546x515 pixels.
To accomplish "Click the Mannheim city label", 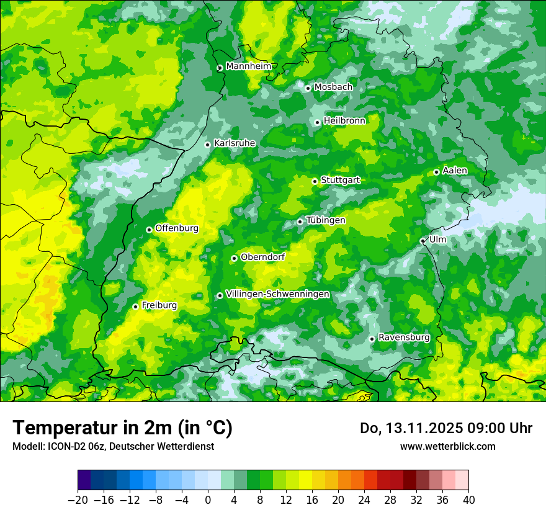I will point(248,66).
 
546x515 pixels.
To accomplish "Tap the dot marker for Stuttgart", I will point(315,181).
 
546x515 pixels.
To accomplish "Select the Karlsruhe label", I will point(235,143).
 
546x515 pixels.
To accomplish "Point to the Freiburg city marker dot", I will point(135,307).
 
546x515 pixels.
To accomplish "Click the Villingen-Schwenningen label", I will point(277,294).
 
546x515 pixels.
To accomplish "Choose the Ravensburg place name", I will point(404,338).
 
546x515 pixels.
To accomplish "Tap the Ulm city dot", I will point(423,241).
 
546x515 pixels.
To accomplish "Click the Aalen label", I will point(455,171).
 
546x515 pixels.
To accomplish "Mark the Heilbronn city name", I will point(344,121).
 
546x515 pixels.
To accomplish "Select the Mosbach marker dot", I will point(308,88).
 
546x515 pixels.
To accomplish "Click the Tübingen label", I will point(326,220).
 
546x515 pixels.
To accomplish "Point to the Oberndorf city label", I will point(262,257).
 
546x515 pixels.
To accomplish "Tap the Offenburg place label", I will point(177,228).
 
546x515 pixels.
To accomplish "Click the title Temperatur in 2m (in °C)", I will point(123,428).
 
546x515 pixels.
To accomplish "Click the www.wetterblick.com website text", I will point(447,446).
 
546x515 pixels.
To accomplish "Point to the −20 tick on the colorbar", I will point(78,499).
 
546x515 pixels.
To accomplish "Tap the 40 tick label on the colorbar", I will point(468,499).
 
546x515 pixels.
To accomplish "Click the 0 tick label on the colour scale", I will point(208,499).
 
